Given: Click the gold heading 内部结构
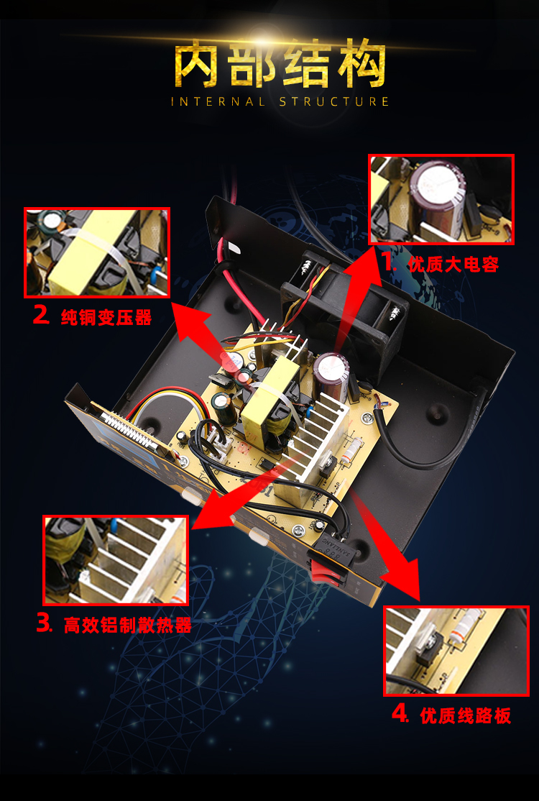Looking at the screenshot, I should (x=280, y=66).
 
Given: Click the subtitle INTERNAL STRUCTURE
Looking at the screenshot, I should (x=280, y=101).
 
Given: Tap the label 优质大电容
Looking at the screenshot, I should (x=453, y=265).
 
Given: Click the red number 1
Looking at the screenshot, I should (x=390, y=262).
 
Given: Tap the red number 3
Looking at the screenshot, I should (x=45, y=623).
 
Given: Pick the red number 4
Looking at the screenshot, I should (x=400, y=714).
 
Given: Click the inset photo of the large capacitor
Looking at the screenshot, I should (x=441, y=199).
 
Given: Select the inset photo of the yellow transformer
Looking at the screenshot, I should (x=97, y=252).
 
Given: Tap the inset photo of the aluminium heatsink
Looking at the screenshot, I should (x=116, y=560).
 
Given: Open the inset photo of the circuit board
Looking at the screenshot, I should (x=456, y=651).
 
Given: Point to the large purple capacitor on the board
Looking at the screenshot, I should (x=330, y=372).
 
